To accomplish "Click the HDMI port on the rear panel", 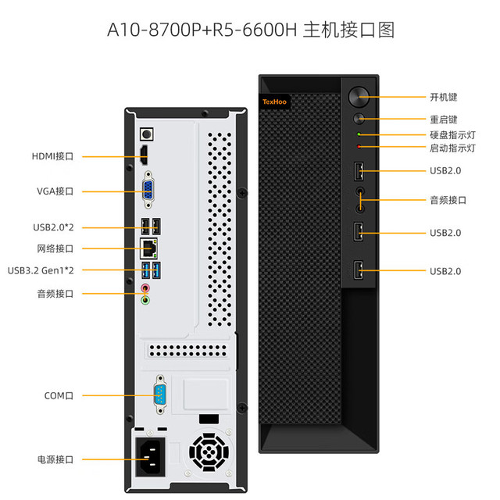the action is [145, 155].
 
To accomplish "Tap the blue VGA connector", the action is [148, 190].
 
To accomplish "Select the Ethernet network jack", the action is [148, 248].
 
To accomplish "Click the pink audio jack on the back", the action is [145, 288].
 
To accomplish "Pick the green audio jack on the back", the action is [145, 300].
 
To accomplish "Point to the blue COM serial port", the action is [160, 395].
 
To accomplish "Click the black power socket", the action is [150, 456].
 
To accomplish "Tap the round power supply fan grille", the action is [209, 452].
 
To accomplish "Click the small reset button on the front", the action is [359, 119].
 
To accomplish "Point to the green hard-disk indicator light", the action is [359, 134].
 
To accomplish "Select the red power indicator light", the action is [359, 147].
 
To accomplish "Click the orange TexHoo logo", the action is [274, 102].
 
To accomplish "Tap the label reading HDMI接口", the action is [52, 156].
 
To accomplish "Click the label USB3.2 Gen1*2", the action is [41, 270].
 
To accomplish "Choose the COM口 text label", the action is [59, 396].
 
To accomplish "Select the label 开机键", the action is [444, 97].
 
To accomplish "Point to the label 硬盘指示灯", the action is [453, 135].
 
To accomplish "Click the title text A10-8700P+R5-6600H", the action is [202, 30].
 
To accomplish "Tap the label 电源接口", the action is [55, 459].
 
